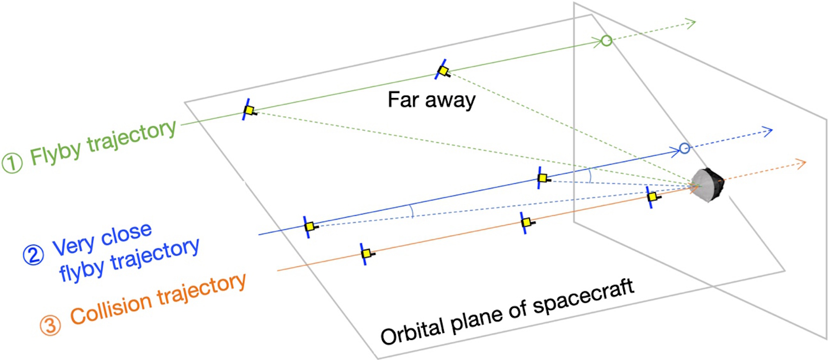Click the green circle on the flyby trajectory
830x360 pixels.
(x=606, y=40)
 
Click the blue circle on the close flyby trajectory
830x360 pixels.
(x=685, y=148)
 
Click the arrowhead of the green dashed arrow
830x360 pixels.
(x=693, y=22)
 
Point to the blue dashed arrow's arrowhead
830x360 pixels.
(x=769, y=131)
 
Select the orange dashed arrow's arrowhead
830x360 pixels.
(x=803, y=163)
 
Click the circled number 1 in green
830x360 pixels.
(x=12, y=163)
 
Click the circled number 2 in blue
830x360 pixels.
(x=33, y=255)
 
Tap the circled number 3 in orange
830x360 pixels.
(x=50, y=325)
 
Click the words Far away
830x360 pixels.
(x=431, y=100)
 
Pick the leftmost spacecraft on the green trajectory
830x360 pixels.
(x=249, y=110)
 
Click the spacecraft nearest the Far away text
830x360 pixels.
(x=443, y=70)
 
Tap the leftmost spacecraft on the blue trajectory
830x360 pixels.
(x=309, y=226)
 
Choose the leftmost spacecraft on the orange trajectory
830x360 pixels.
(x=366, y=253)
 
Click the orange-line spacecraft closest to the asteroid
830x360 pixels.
(x=652, y=196)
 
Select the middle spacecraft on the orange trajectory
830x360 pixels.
(x=526, y=222)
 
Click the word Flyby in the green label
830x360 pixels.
(x=55, y=151)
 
